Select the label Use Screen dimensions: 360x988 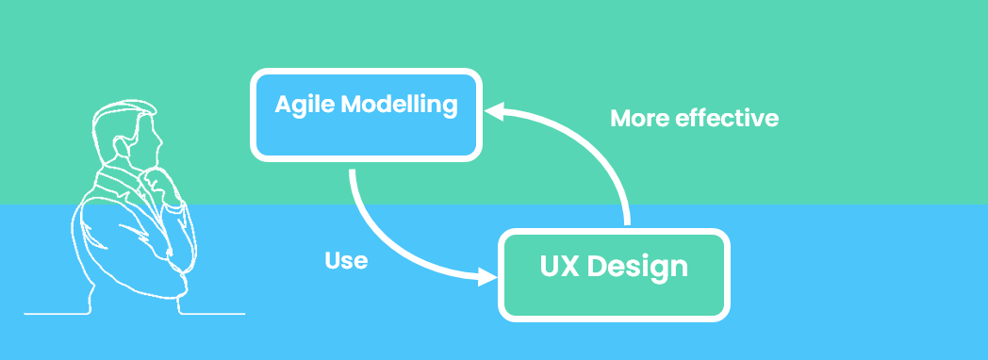[x=346, y=261]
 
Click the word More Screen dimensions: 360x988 [x=641, y=119]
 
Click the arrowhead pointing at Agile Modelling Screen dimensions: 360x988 [x=494, y=112]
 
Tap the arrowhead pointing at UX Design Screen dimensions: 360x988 [x=487, y=277]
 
